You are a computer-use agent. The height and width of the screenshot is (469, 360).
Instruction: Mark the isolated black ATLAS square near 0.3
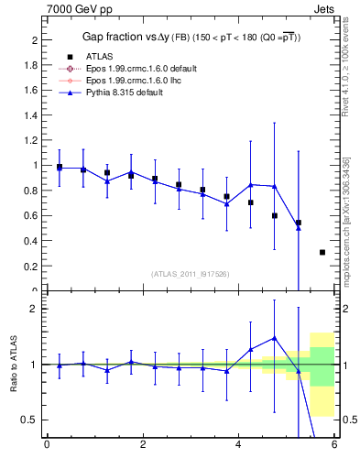(322, 252)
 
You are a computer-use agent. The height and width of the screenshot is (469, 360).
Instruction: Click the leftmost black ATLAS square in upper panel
(60, 168)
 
